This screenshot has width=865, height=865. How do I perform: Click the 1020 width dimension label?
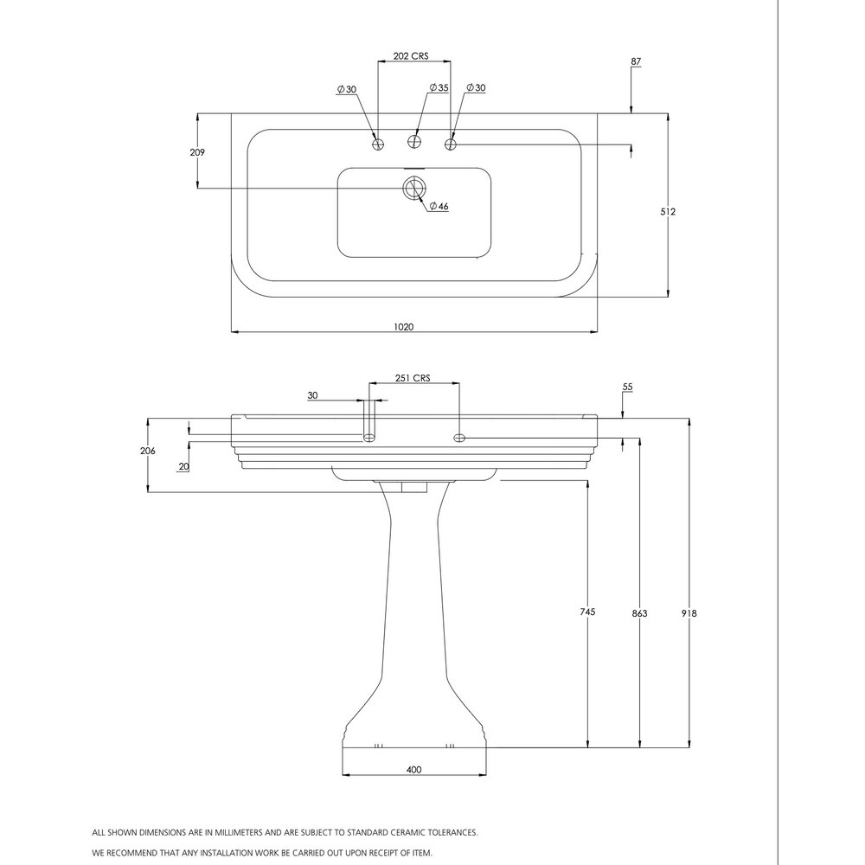pyautogui.click(x=403, y=327)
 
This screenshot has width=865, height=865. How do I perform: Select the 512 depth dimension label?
pyautogui.click(x=668, y=211)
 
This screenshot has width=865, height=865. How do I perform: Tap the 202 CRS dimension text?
pyautogui.click(x=410, y=55)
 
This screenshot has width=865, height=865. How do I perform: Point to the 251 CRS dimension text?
pyautogui.click(x=413, y=378)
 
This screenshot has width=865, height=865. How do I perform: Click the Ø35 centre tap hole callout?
pyautogui.click(x=439, y=87)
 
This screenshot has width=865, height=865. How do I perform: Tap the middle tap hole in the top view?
pyautogui.click(x=414, y=141)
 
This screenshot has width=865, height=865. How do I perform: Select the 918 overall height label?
pyautogui.click(x=689, y=613)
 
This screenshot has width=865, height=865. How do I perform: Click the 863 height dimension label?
pyautogui.click(x=639, y=613)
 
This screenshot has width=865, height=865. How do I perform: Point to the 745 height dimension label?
pyautogui.click(x=588, y=612)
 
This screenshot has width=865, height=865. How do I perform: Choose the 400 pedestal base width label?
pyautogui.click(x=413, y=770)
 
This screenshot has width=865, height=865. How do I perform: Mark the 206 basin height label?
pyautogui.click(x=147, y=451)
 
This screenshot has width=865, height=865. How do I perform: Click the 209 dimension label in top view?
pyautogui.click(x=197, y=152)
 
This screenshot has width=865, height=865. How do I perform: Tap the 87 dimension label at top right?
pyautogui.click(x=636, y=61)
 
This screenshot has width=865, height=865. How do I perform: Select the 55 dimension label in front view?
pyautogui.click(x=627, y=388)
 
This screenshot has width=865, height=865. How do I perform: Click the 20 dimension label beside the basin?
pyautogui.click(x=184, y=467)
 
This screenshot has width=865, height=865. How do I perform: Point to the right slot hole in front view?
pyautogui.click(x=459, y=438)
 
